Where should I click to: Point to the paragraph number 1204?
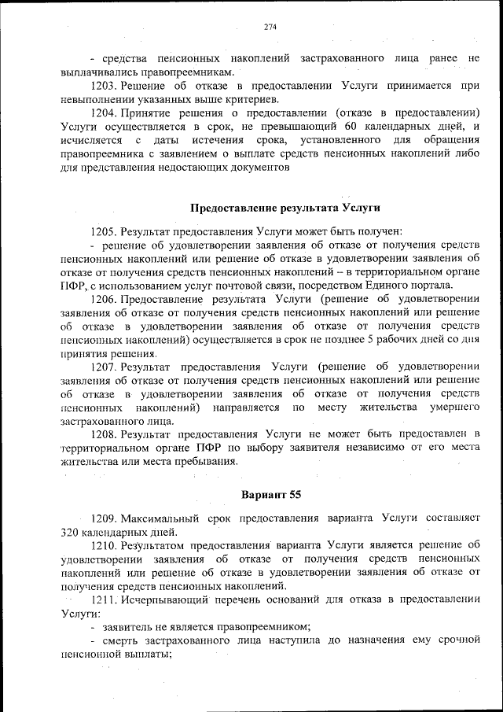[x=105, y=112]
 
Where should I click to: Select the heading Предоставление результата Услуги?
[x=286, y=208]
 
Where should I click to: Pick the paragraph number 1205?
[x=105, y=231]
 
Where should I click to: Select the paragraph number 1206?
[x=105, y=299]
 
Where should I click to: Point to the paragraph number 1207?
[x=105, y=367]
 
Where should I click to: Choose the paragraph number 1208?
[x=105, y=434]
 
